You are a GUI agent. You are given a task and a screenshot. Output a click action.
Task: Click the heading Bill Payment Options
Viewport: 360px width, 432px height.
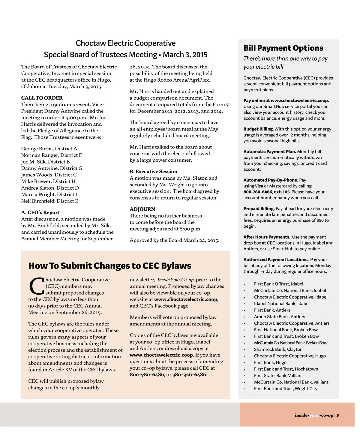(283, 48)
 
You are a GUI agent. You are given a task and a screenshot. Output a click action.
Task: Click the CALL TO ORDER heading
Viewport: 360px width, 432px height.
(42, 98)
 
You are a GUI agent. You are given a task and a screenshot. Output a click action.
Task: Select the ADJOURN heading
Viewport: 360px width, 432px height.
(142, 209)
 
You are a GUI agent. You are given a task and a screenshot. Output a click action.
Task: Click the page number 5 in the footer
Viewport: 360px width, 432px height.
(337, 415)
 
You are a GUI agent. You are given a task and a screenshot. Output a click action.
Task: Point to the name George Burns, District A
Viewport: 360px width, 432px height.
(49, 148)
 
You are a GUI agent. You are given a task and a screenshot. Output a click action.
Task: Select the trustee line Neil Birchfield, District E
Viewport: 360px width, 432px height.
(49, 201)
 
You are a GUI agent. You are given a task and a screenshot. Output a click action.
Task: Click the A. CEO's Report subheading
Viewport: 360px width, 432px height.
(40, 212)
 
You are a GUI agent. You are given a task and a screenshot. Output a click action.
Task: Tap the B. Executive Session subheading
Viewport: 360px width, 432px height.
(153, 172)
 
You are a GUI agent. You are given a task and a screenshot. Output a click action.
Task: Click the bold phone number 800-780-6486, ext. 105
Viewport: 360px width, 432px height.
(266, 192)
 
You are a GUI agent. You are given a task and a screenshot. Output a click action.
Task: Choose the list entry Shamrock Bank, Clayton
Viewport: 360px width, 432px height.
(278, 349)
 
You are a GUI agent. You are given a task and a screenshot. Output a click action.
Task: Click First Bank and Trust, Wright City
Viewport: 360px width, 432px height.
(285, 389)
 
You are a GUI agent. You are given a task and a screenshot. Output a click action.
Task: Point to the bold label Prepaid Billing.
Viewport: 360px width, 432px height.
(259, 208)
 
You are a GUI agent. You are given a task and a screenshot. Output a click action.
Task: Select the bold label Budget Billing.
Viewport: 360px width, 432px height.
(258, 129)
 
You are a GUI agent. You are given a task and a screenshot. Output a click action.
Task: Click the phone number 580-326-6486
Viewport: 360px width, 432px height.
(189, 375)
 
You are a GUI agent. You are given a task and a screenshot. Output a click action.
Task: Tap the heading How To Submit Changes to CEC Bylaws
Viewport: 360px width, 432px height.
(109, 266)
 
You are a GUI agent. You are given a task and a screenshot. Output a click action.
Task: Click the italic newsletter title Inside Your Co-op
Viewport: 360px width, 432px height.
(176, 280)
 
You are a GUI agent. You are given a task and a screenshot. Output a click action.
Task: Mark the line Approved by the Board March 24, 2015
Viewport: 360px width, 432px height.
(174, 240)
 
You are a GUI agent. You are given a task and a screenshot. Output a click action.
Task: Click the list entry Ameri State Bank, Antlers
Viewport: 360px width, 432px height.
(279, 317)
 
